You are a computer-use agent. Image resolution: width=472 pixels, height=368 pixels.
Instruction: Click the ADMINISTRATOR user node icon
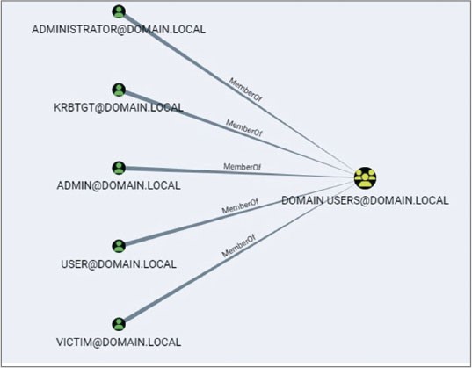(119, 11)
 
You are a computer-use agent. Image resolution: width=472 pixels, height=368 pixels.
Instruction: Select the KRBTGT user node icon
(119, 90)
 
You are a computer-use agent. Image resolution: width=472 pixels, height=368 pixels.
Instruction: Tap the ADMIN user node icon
(119, 168)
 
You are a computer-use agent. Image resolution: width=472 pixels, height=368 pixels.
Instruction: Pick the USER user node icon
(119, 246)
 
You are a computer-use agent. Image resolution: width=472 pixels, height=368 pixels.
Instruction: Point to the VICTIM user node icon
(119, 324)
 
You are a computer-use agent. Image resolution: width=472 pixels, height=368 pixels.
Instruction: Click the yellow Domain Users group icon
(365, 178)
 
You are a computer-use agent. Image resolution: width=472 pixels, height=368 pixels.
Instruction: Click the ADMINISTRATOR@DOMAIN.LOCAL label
(119, 30)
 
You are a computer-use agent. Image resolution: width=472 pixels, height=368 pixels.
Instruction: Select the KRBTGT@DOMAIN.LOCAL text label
(119, 107)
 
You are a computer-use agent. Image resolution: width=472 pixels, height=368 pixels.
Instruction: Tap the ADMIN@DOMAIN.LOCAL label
(119, 185)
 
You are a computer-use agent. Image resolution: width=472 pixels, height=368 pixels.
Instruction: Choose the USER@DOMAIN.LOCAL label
(119, 264)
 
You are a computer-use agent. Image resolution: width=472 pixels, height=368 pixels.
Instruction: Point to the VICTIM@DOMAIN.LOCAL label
(119, 343)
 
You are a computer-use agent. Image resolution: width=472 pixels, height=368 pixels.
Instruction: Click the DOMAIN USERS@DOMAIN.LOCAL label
(365, 200)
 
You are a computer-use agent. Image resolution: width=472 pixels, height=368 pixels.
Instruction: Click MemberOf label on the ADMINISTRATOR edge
(245, 90)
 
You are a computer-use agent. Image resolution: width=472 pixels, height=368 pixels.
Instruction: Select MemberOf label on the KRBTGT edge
(243, 128)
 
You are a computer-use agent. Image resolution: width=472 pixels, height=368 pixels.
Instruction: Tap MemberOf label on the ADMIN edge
(242, 167)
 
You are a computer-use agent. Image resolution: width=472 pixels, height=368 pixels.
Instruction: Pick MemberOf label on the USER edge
(240, 206)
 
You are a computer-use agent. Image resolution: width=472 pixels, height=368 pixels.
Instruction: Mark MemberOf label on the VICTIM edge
(239, 246)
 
